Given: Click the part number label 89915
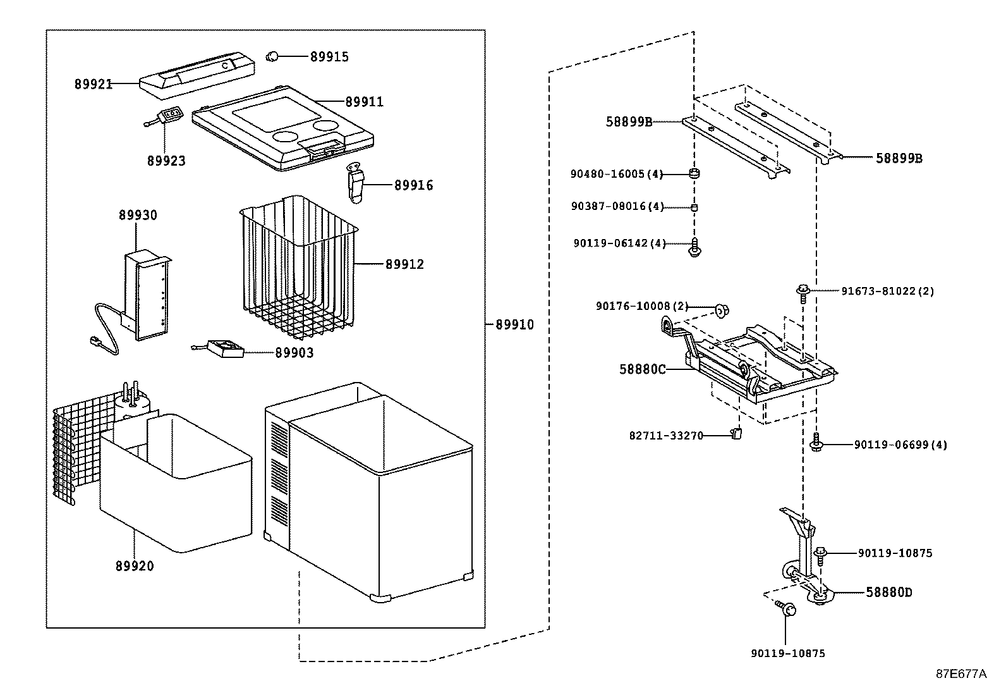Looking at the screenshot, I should (x=329, y=56).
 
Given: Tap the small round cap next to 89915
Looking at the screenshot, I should (x=273, y=56).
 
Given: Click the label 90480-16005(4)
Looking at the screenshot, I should (x=616, y=175).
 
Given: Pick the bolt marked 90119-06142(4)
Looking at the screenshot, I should (x=694, y=248).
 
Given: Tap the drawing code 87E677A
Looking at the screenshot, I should (x=961, y=674).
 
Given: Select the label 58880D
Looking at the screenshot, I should (x=888, y=593).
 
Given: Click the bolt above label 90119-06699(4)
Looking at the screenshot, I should (x=816, y=441).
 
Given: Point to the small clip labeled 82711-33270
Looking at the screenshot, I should (x=736, y=433).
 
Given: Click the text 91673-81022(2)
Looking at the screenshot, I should (x=887, y=292).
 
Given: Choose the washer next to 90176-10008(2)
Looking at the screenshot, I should (x=722, y=309).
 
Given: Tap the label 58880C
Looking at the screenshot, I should (x=642, y=369).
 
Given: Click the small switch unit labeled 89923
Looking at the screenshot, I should (x=170, y=114).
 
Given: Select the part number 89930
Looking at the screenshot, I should (x=137, y=216).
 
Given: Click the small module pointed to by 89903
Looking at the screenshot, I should (x=227, y=348).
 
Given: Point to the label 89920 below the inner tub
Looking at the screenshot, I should (x=134, y=566).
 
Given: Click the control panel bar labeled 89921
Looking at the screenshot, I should (x=197, y=72).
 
